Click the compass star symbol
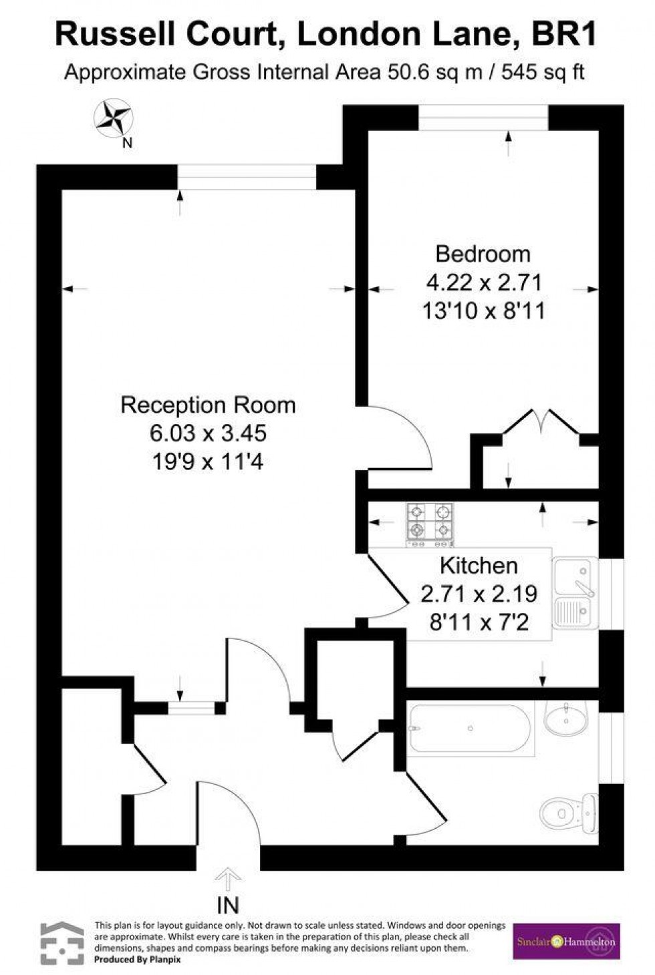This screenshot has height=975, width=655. (x=113, y=118)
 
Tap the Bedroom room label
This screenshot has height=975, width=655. (x=483, y=254)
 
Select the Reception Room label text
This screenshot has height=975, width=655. (x=208, y=405)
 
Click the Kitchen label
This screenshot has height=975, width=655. (x=479, y=566)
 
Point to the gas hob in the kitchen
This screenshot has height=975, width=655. (x=429, y=522)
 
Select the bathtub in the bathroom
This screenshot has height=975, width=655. (x=470, y=729)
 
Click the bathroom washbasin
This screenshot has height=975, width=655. (x=566, y=719)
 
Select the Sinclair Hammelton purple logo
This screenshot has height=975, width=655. (x=566, y=942)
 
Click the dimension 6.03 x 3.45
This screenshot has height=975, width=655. (x=208, y=433)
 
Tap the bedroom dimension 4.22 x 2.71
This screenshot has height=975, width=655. (x=483, y=282)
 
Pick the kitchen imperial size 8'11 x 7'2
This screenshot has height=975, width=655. (x=479, y=623)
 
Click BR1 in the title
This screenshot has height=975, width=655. (x=563, y=35)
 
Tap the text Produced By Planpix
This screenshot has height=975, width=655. (x=138, y=960)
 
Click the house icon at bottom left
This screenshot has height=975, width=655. (x=62, y=943)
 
